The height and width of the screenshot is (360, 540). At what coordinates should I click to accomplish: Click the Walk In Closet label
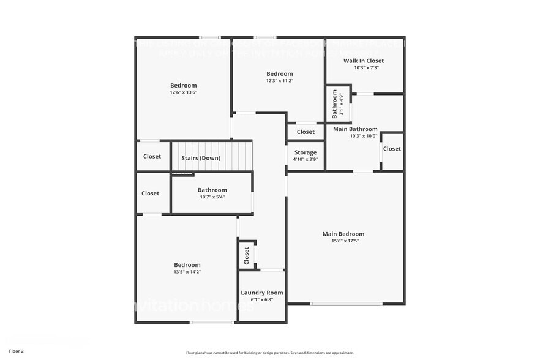pyautogui.click(x=364, y=61)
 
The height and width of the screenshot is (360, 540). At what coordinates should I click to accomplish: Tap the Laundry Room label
pyautogui.click(x=262, y=293)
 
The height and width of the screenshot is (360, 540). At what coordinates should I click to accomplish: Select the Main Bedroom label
pyautogui.click(x=343, y=234)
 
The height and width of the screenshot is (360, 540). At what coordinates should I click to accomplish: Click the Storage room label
pyautogui.click(x=306, y=152)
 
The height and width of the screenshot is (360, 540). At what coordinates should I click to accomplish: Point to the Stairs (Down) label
pyautogui.click(x=201, y=158)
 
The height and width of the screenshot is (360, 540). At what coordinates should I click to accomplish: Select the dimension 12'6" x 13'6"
pyautogui.click(x=184, y=92)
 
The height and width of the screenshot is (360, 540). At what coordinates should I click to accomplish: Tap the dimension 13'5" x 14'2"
pyautogui.click(x=187, y=272)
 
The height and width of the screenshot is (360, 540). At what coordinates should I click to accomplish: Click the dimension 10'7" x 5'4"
pyautogui.click(x=212, y=197)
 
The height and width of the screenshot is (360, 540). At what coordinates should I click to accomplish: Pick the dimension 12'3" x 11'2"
pyautogui.click(x=279, y=81)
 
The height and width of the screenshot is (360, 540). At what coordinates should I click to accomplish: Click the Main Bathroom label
pyautogui.click(x=355, y=129)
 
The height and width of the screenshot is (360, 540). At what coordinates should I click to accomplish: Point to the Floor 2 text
pyautogui.click(x=17, y=351)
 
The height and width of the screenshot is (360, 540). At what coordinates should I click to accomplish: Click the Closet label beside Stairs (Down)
pyautogui.click(x=152, y=156)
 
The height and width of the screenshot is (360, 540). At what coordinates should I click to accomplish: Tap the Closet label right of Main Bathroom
pyautogui.click(x=392, y=149)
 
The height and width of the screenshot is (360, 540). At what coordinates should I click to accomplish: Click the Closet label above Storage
pyautogui.click(x=306, y=132)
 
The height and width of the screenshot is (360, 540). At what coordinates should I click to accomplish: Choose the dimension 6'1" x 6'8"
pyautogui.click(x=262, y=300)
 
